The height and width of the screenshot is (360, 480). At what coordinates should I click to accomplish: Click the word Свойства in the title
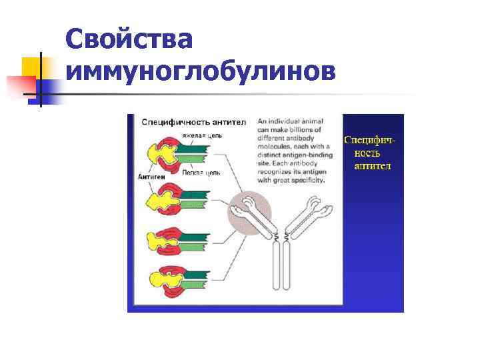click(130, 40)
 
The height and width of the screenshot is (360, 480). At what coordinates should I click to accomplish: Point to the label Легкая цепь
click(201, 171)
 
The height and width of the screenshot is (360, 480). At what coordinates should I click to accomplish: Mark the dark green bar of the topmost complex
click(198, 149)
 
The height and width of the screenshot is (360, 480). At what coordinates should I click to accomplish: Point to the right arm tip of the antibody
click(325, 211)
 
